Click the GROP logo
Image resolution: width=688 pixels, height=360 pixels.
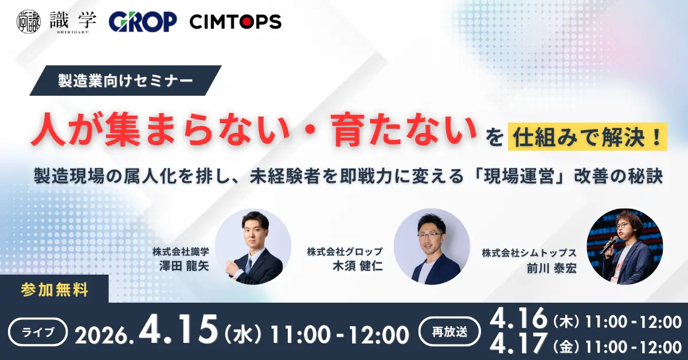point(143,22)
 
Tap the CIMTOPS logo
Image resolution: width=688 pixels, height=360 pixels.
point(235,22)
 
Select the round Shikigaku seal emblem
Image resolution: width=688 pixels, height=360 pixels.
point(29,22)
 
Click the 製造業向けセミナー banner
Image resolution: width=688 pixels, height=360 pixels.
point(125,81)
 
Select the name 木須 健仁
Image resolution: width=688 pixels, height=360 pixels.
point(361,265)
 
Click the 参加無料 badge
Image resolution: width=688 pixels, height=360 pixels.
point(54,290)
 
